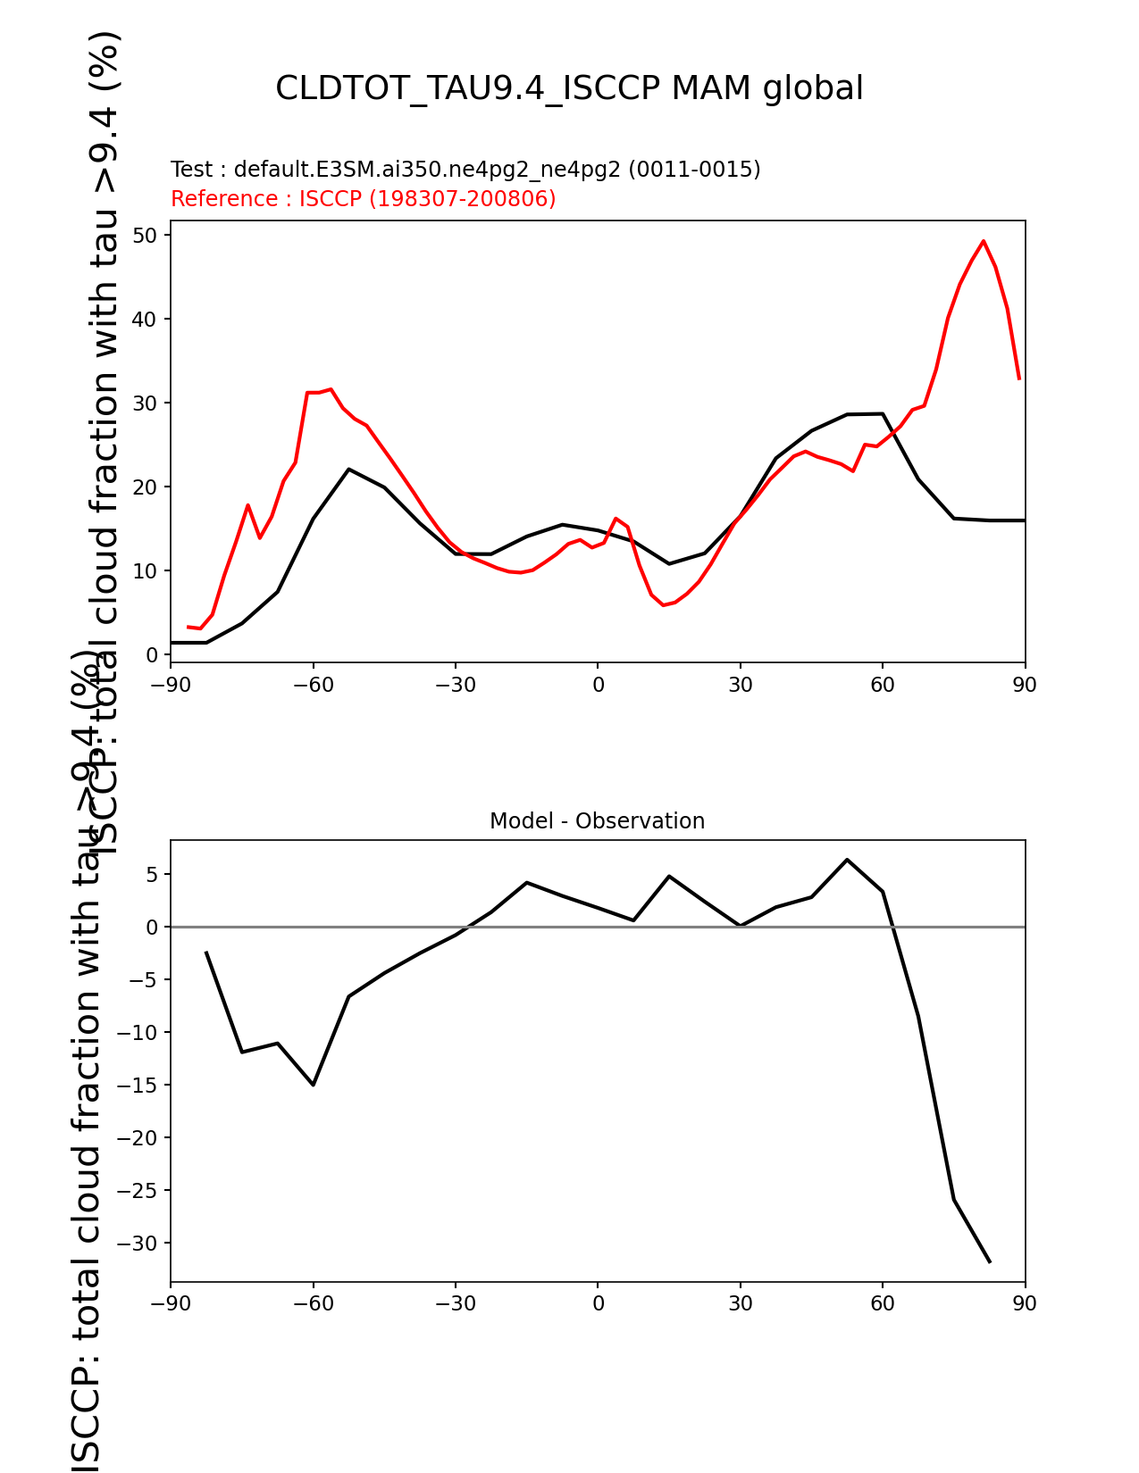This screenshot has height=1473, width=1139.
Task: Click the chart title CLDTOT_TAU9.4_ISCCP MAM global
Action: [569, 89]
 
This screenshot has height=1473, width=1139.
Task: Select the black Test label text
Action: [465, 170]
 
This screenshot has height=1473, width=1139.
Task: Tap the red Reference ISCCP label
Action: [363, 199]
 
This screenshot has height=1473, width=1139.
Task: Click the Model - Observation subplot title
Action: [597, 821]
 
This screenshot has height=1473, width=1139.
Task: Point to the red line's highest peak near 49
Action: [984, 241]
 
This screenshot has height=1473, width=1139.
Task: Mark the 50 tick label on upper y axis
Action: [147, 236]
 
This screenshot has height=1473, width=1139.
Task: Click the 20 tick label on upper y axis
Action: [147, 487]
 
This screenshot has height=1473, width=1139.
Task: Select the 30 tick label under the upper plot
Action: [741, 686]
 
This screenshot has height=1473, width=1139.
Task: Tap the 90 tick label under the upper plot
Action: [1025, 686]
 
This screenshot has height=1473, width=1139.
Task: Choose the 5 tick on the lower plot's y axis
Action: [153, 875]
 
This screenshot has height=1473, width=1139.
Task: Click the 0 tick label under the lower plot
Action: [598, 1304]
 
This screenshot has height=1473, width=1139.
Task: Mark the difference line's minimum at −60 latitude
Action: [314, 1085]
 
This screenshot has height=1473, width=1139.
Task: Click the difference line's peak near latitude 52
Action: [847, 860]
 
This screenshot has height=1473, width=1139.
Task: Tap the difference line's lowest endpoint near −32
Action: [990, 1262]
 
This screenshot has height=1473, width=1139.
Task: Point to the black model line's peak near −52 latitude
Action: [348, 469]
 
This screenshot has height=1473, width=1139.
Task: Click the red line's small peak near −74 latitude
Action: [248, 505]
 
